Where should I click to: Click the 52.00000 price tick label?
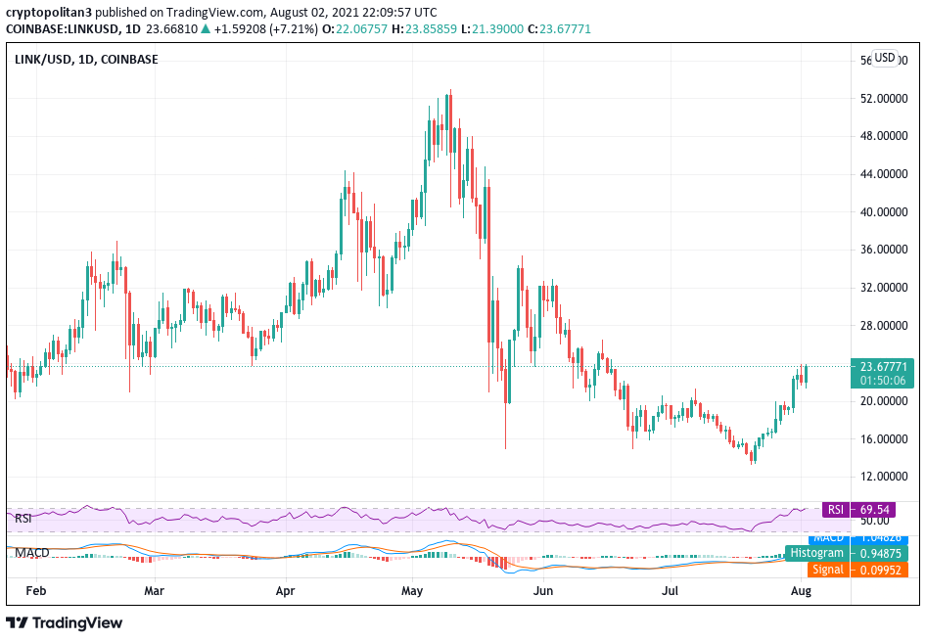[880, 99]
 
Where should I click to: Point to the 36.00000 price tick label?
[880, 250]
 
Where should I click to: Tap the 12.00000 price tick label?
[880, 477]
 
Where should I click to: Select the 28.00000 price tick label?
[880, 325]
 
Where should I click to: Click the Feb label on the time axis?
[36, 591]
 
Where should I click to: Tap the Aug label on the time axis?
[801, 591]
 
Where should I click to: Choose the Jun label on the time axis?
[543, 591]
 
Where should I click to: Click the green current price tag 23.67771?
[883, 367]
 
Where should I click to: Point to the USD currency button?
[885, 58]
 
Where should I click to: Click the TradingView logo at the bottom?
[66, 622]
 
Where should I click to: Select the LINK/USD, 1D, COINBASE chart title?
[86, 59]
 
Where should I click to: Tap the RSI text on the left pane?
[24, 518]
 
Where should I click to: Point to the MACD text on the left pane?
[31, 553]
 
